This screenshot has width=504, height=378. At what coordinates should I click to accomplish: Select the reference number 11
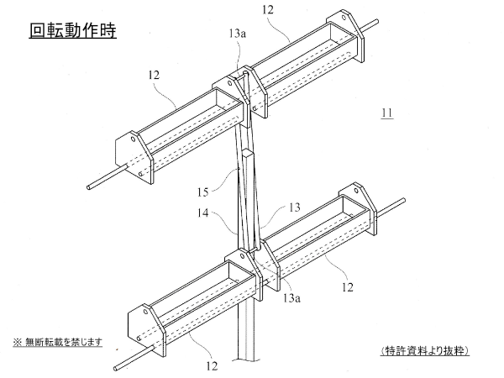[x=386, y=113]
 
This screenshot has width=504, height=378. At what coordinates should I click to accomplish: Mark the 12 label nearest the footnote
[x=213, y=365]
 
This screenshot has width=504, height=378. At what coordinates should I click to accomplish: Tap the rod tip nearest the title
[x=90, y=186]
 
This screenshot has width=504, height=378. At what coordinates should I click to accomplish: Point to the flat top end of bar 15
[x=249, y=154]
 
